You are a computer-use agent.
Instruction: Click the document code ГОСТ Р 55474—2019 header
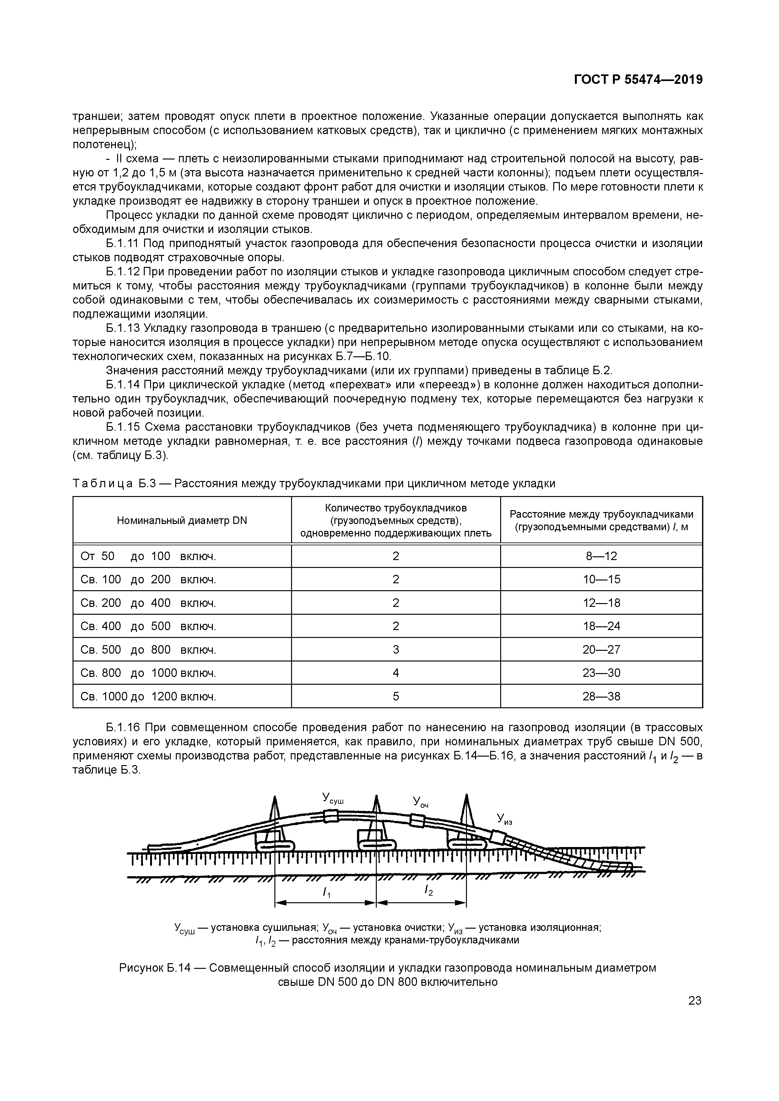click(638, 80)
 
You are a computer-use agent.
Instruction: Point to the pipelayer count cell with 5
click(395, 696)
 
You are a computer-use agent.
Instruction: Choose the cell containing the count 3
click(395, 650)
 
